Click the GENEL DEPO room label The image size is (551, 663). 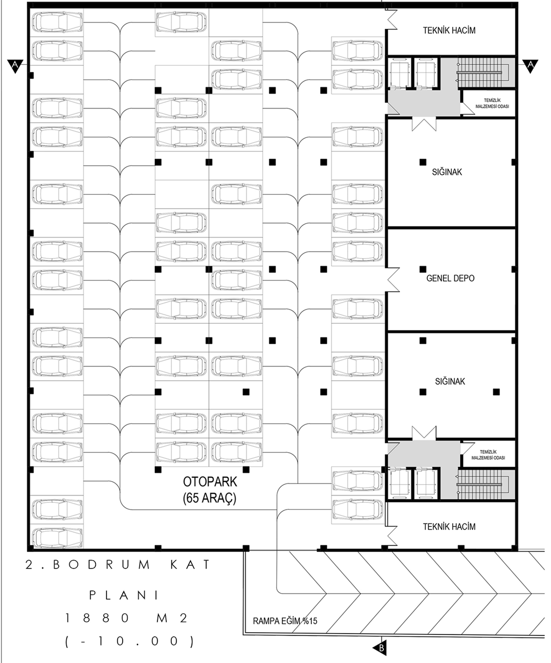coord(450,278)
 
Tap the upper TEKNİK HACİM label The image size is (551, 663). coord(449,30)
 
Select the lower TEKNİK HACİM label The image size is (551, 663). coord(449,526)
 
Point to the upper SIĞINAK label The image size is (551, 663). coord(447,172)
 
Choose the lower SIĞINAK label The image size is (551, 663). coord(450,381)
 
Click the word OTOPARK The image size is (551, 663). coord(210,481)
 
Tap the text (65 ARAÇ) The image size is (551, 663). coord(210,498)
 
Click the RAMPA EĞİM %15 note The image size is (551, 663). coord(285,621)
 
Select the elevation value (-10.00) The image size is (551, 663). coord(130,641)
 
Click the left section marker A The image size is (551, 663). coord(15,65)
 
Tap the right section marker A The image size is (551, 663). coord(530,65)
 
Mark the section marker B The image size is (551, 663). coord(380,647)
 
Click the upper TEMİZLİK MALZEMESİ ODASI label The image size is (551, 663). coord(492,103)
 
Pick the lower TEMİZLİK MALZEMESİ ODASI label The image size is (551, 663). coord(488,455)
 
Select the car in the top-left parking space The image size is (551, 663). coord(57,22)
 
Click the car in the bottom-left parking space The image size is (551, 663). coord(57,537)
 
